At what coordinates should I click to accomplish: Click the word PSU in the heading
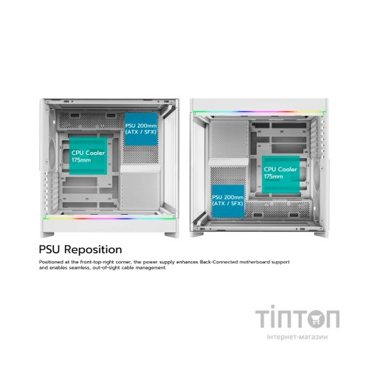[49, 249]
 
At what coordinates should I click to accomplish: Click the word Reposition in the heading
[93, 250]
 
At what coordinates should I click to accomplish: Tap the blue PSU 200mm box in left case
[141, 129]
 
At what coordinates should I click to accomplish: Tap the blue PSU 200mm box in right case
[228, 201]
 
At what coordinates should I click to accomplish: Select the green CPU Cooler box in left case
[88, 156]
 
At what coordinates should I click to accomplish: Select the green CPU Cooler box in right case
[280, 174]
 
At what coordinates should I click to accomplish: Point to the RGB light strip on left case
[109, 218]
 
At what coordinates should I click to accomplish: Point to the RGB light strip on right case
[260, 112]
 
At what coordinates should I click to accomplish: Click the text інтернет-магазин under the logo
[297, 337]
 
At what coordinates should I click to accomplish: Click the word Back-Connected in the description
[218, 262]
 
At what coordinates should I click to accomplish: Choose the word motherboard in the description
[255, 262]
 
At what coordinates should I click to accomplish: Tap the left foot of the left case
[47, 235]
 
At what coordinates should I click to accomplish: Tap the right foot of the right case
[321, 235]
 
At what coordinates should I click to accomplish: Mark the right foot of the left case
[171, 235]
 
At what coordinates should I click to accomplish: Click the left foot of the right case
[196, 235]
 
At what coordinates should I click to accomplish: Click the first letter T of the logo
[263, 319]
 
